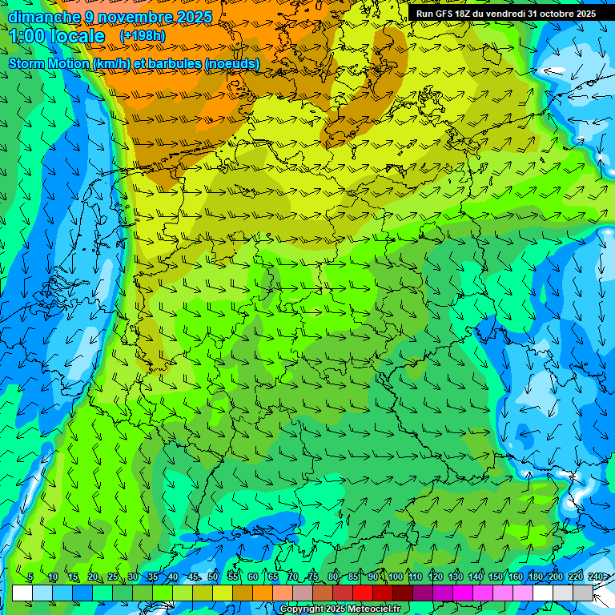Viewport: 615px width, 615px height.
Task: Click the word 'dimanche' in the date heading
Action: [45, 17]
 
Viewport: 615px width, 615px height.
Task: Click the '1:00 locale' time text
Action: [56, 36]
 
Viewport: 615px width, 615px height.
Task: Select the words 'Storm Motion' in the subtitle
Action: [48, 63]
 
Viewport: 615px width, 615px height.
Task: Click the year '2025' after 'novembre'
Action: [192, 17]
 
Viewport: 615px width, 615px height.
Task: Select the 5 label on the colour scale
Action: [30, 577]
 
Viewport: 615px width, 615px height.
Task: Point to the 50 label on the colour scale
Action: [212, 577]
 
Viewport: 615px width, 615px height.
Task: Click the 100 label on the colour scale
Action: [395, 577]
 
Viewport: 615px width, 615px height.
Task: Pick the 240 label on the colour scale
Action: [595, 577]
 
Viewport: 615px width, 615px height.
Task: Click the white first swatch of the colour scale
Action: [22, 593]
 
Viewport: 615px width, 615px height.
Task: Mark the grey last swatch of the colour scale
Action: [583, 593]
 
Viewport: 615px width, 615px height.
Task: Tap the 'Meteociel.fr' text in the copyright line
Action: [373, 609]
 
